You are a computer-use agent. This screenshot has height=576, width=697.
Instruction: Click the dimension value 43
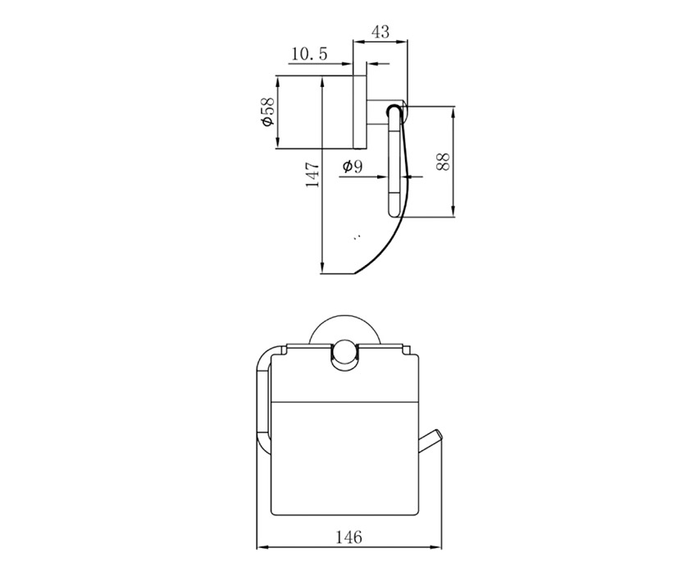(380, 31)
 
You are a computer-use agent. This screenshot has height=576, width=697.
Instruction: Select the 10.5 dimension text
(309, 54)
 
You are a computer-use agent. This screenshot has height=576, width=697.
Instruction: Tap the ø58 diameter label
(268, 112)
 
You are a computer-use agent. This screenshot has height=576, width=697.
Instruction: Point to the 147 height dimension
(312, 174)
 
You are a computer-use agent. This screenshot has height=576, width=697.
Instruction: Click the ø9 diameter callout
(353, 167)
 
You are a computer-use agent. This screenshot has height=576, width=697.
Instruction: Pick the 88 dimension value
(443, 162)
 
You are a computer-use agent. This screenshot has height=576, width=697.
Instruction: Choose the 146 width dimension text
(348, 537)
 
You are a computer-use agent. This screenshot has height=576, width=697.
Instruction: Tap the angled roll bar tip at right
(439, 435)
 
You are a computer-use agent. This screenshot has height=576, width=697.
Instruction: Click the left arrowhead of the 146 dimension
(262, 546)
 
